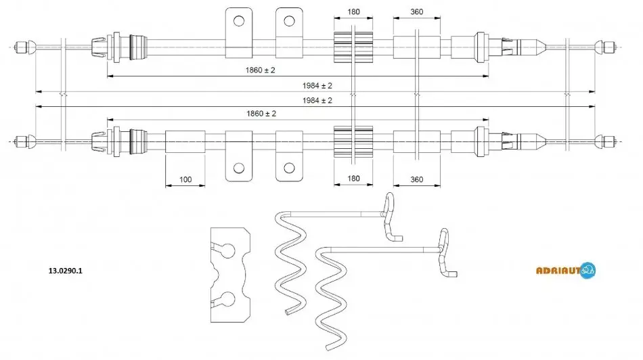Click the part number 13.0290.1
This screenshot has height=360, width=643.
click(x=65, y=271)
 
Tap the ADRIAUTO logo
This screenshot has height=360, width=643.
click(x=566, y=270)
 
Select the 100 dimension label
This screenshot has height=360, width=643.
click(x=185, y=179)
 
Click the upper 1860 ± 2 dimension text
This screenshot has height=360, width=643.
click(x=261, y=70)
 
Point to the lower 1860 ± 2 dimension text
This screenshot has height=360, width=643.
click(x=261, y=114)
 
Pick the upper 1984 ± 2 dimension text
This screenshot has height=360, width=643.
click(x=317, y=86)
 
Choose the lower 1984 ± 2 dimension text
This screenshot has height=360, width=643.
click(x=317, y=100)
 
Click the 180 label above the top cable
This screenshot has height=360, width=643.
click(x=353, y=12)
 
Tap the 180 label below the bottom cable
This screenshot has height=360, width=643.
click(x=353, y=179)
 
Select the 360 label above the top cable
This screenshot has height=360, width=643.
click(x=417, y=12)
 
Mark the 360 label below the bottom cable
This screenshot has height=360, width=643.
click(x=417, y=179)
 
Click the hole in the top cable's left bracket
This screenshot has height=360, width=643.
click(x=239, y=20)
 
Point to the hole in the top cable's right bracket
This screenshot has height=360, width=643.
click(x=289, y=20)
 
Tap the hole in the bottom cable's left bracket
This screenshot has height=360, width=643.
click(x=239, y=168)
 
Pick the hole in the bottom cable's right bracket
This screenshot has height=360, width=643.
click(x=289, y=168)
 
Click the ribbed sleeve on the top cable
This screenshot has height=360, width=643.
click(x=353, y=47)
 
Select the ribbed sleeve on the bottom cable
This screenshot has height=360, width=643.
click(x=353, y=141)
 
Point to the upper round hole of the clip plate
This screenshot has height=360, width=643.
click(x=228, y=250)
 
